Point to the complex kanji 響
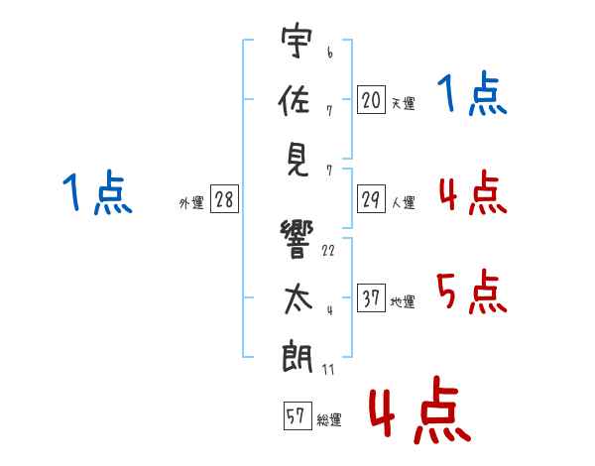[x=296, y=236]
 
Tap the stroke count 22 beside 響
[x=328, y=250]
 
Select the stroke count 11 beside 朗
[x=328, y=370]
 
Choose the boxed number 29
[x=371, y=199]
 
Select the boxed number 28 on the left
[x=224, y=199]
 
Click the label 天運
[x=403, y=102]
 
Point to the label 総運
[x=329, y=420]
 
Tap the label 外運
[x=191, y=203]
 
